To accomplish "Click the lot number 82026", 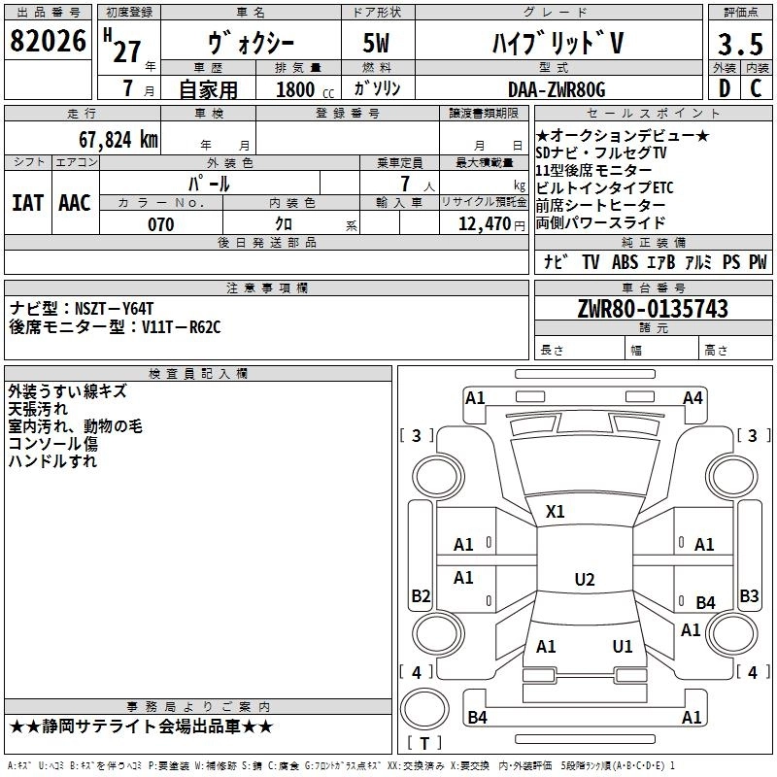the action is (x=49, y=43).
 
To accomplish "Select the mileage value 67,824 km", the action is (x=118, y=139).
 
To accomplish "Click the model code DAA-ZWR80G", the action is (x=557, y=89).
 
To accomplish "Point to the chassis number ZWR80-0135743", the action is (x=652, y=309).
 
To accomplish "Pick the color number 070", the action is (x=160, y=224).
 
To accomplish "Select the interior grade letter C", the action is (x=757, y=88).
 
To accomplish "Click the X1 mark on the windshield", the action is (x=556, y=511).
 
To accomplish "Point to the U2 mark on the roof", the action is (x=584, y=580).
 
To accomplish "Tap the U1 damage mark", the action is (x=623, y=646).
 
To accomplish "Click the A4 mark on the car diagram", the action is (x=693, y=397).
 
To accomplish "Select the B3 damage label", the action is (x=749, y=595).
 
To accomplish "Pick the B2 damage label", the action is (x=421, y=595).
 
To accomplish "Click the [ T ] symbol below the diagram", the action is (x=423, y=744).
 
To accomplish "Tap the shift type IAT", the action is (x=27, y=202).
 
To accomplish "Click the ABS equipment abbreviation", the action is (x=625, y=262).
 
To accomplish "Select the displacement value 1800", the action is (x=295, y=89).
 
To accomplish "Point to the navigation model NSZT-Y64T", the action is (x=116, y=308).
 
